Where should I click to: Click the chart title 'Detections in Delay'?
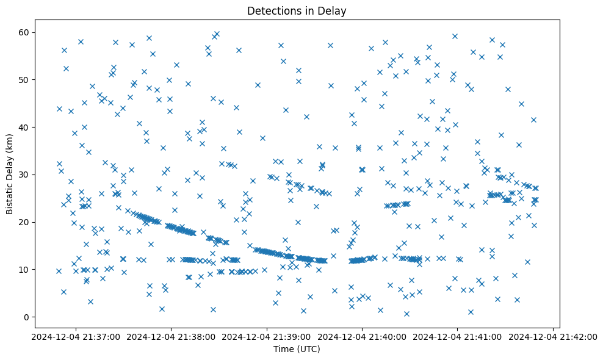297,10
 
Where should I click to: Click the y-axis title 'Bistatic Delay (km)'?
10,173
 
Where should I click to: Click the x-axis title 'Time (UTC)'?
297,349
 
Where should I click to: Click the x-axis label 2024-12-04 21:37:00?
76,336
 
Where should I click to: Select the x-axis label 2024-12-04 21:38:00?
171,336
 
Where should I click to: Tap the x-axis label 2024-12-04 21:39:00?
267,336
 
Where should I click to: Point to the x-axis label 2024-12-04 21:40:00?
363,336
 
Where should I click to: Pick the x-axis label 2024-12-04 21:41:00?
458,336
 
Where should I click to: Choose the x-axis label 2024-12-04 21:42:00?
553,336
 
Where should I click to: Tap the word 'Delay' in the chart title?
334,10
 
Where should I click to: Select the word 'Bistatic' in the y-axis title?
10,198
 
